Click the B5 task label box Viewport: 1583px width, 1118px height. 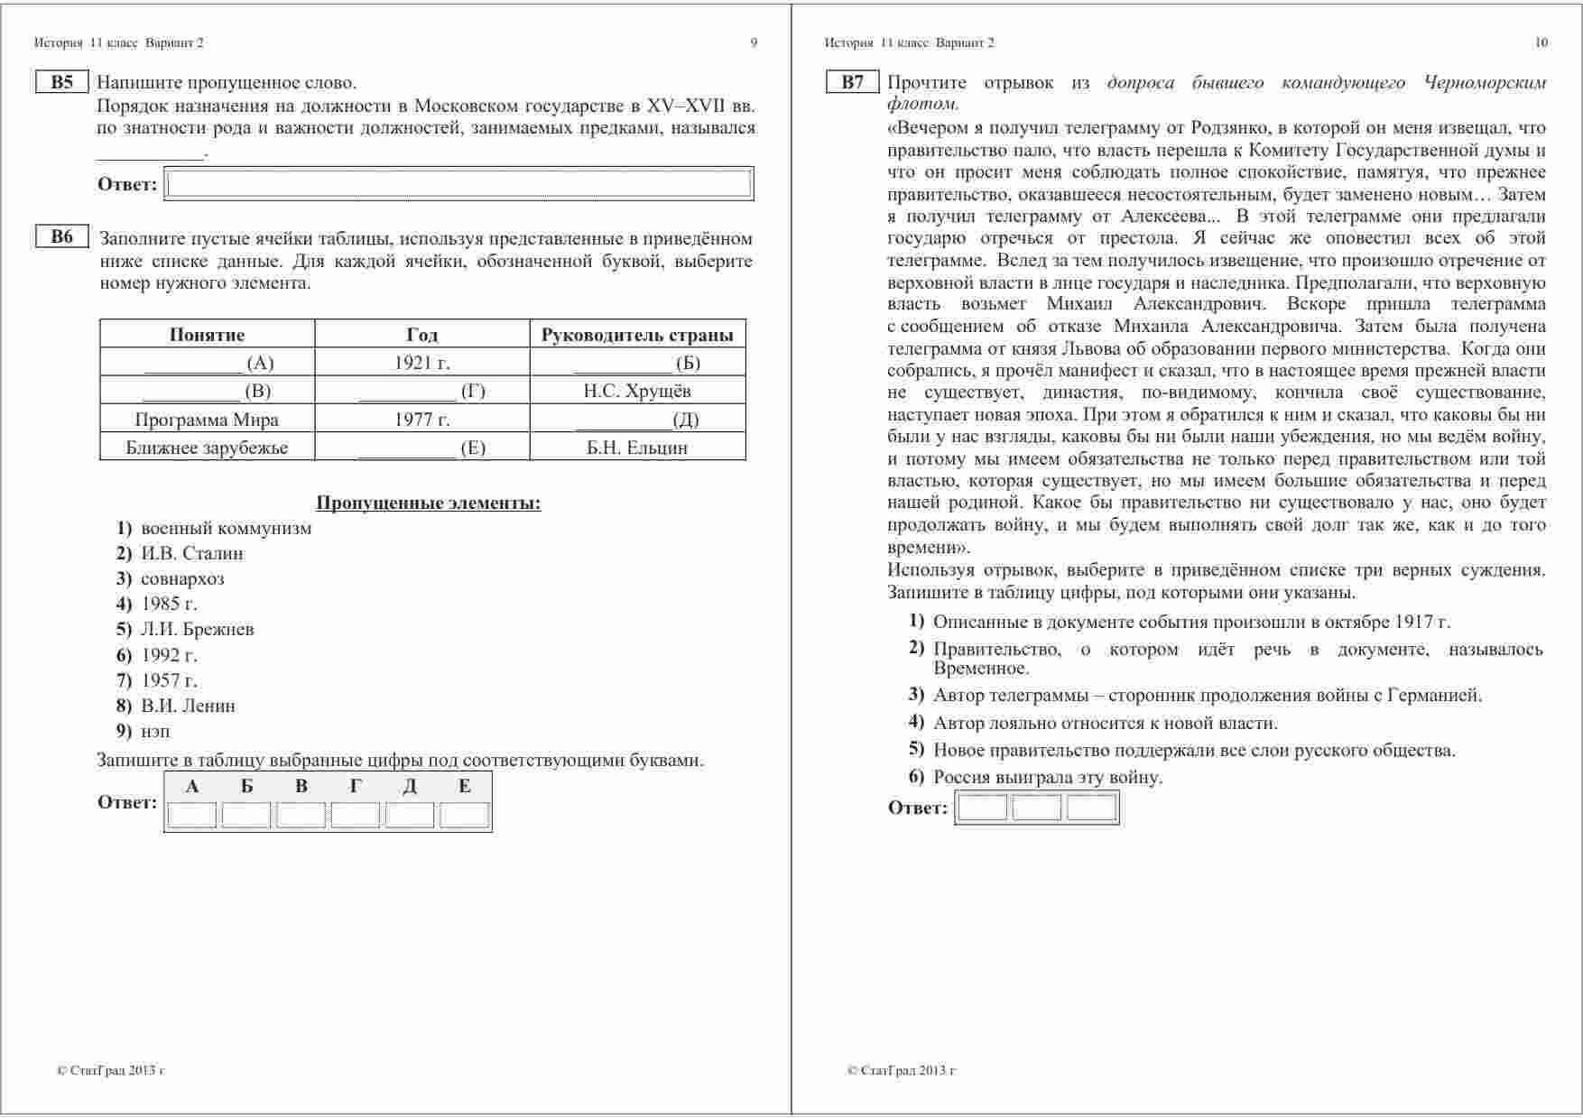61,82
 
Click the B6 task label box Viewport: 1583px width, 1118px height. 61,237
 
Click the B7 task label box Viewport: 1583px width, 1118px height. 852,82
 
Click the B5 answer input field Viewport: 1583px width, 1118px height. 459,184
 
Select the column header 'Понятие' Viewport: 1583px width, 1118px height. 207,335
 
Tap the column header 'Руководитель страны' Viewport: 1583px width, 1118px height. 637,335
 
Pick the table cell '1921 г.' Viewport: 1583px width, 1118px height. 421,363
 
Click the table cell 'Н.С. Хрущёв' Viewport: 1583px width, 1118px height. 637,391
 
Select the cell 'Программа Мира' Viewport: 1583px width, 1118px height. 207,419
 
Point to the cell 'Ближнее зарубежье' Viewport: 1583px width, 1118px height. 207,448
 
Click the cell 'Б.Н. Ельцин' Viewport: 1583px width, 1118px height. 637,448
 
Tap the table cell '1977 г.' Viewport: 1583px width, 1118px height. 421,419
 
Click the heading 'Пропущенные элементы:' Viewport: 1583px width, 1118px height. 429,503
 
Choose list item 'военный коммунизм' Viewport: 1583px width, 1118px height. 226,528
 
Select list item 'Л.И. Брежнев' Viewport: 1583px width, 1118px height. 197,629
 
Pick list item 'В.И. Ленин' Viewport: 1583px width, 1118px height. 188,706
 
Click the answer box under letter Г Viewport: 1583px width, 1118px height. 355,815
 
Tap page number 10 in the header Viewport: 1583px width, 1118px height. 1541,42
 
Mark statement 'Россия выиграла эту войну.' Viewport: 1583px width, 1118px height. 1048,777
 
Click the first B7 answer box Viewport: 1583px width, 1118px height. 982,808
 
